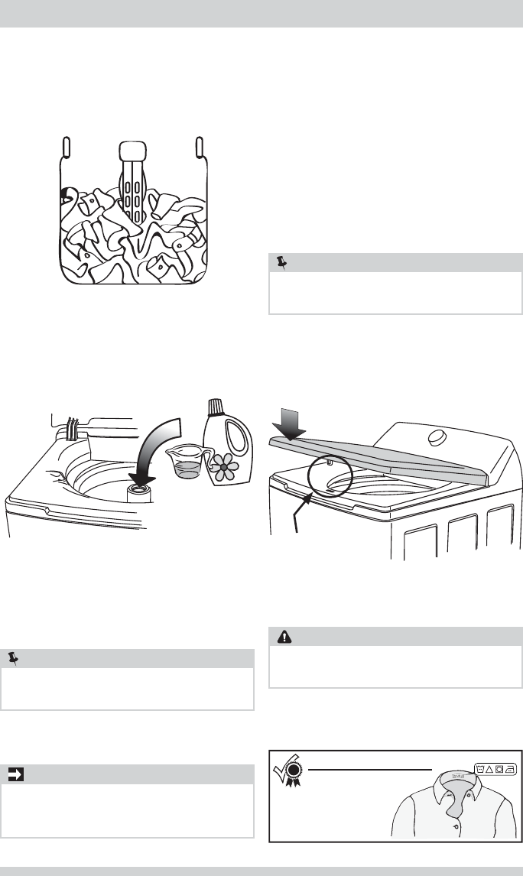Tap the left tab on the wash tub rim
66,146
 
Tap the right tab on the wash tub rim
200,146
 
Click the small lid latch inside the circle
328,462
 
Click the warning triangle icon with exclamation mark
283,635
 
